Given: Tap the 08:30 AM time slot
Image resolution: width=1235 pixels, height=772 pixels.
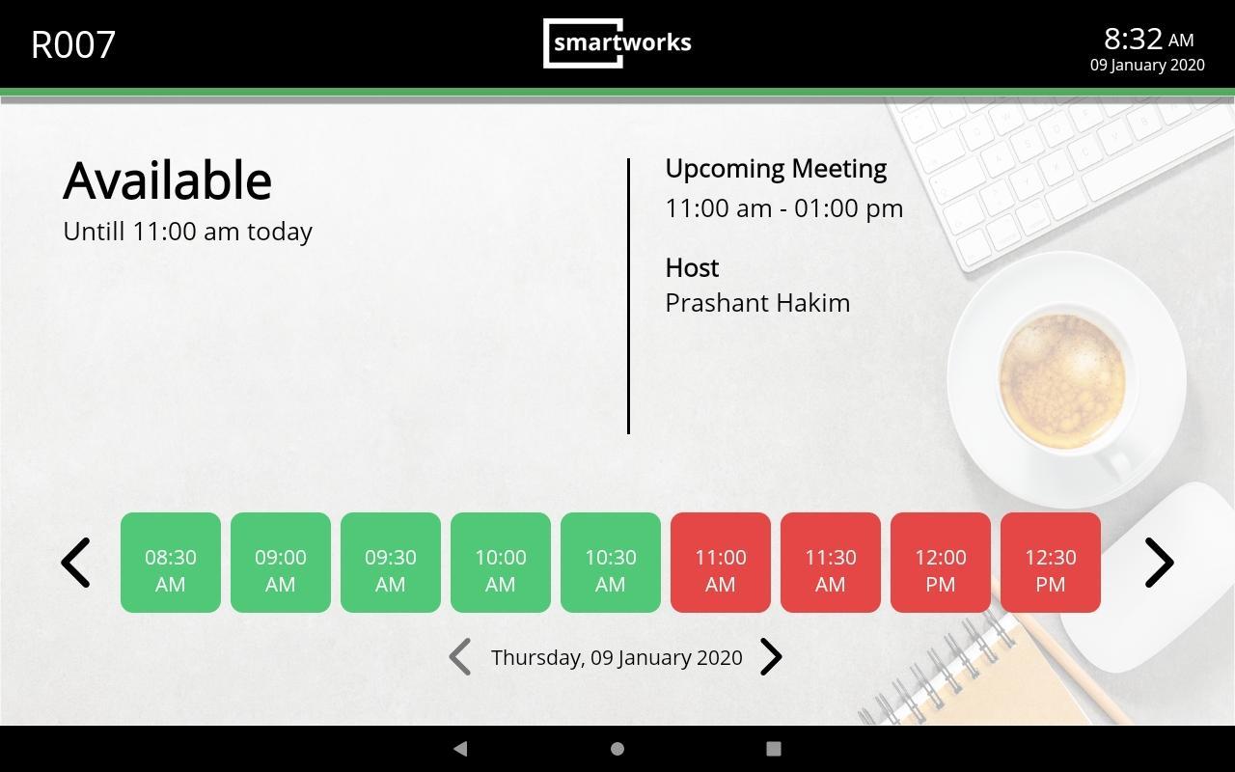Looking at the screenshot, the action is [171, 563].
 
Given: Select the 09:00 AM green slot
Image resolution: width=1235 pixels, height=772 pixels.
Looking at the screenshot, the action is [281, 563].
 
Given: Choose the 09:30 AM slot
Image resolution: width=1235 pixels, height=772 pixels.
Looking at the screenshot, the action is [391, 563].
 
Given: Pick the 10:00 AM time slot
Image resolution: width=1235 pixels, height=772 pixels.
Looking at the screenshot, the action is [501, 563].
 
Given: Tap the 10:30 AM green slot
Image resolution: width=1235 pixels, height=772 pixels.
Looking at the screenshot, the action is [611, 563].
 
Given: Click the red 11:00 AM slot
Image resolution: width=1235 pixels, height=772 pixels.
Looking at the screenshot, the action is [721, 563].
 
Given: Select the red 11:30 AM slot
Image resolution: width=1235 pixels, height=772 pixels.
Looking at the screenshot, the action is [831, 563].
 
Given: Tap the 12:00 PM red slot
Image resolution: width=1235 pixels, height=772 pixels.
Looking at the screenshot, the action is [941, 563].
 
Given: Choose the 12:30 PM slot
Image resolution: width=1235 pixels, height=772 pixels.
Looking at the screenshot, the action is [1051, 563].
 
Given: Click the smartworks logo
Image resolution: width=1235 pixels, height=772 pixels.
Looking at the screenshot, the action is [617, 43].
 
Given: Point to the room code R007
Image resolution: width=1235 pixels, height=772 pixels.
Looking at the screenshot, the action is [73, 44].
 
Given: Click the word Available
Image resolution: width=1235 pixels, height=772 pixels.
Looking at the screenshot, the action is [167, 180].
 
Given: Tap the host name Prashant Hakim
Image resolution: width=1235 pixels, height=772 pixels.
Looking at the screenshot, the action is [757, 303].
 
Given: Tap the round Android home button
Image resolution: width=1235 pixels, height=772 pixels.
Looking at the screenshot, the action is [617, 748].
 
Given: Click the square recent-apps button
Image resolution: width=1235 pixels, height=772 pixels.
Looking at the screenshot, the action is [774, 748].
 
